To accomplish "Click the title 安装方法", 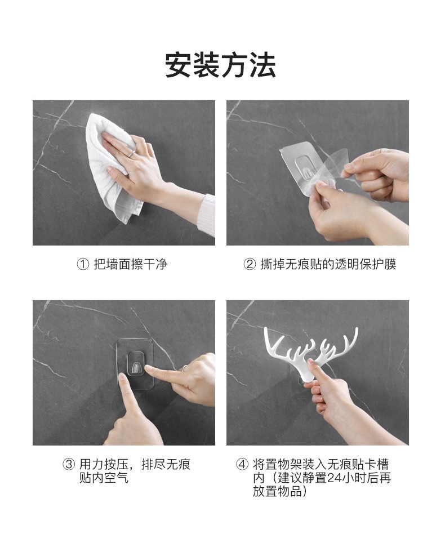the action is tap(220, 65).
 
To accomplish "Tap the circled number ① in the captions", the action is tap(83, 264).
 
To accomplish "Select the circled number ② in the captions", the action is tap(249, 264).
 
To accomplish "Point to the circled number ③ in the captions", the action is tap(69, 464).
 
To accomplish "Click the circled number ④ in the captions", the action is tap(242, 464).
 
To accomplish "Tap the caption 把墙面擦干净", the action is tap(130, 264).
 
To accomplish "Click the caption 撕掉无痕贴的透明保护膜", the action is tap(328, 264).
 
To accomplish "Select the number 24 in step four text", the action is tap(333, 478).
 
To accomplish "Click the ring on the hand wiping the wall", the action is tap(131, 153).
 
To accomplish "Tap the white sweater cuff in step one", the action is tap(208, 215).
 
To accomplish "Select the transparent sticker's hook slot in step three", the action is tap(135, 363).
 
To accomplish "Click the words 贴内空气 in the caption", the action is tap(104, 478).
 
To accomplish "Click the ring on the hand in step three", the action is tap(185, 368).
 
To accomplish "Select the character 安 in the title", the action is tap(178, 65).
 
